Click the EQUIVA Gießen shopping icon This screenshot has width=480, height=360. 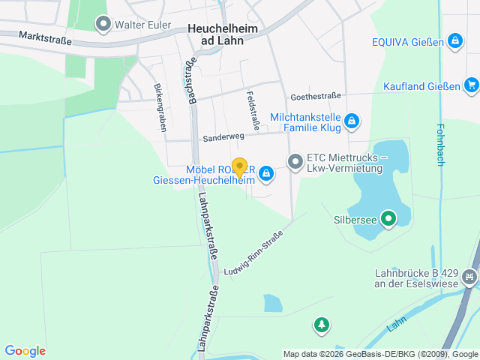(454, 40)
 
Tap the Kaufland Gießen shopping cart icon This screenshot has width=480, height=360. (470, 85)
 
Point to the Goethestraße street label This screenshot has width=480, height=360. (316, 96)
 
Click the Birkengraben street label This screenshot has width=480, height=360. (160, 107)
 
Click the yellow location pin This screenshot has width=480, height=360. (239, 168)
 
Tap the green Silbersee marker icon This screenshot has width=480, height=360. (388, 220)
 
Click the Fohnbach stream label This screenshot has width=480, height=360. (440, 143)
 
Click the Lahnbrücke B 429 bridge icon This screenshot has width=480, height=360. (469, 278)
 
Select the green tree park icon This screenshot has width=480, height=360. (322, 325)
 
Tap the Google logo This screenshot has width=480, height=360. (25, 350)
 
